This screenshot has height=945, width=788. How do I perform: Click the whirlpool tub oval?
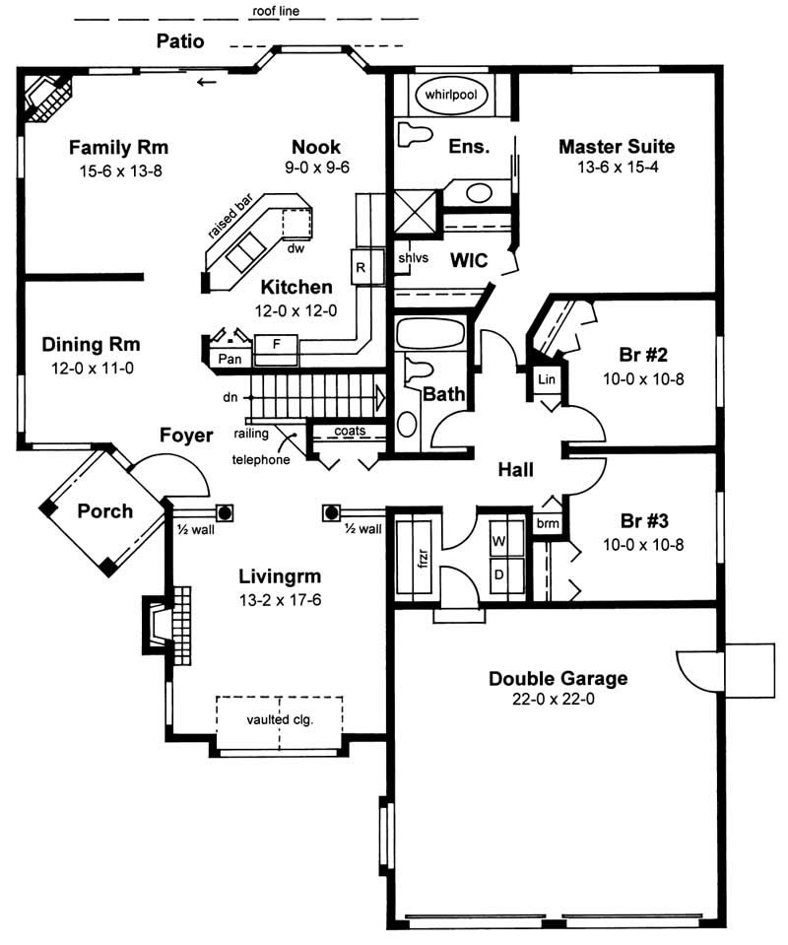(456, 97)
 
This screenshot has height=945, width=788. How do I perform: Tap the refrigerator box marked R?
(361, 267)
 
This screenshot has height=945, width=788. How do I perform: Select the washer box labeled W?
(499, 541)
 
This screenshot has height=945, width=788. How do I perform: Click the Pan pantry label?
(229, 359)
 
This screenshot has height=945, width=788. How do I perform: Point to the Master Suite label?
(616, 147)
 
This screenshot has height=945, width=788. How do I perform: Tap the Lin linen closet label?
(546, 379)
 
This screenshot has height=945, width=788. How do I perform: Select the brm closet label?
(547, 524)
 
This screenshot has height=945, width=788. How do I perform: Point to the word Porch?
(105, 510)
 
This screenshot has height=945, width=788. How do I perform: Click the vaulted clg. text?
(280, 719)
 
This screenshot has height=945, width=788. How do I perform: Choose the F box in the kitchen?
(277, 344)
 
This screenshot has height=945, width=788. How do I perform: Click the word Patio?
(181, 41)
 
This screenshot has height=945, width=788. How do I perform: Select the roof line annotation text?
(274, 12)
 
